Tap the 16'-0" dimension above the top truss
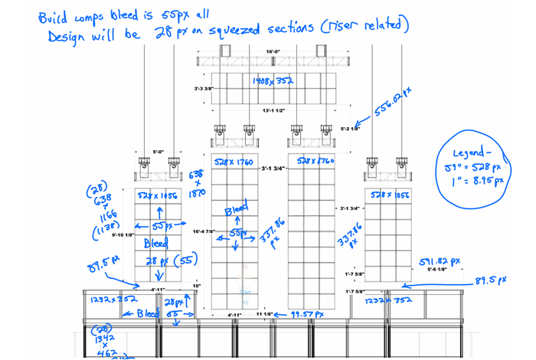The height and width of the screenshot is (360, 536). (x=273, y=51)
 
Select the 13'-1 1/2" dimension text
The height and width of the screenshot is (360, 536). (x=273, y=110)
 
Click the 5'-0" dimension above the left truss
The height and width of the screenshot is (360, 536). (x=159, y=152)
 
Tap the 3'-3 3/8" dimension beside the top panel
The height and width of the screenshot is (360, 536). (x=203, y=89)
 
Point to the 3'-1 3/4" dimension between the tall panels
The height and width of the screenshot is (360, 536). (x=273, y=169)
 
